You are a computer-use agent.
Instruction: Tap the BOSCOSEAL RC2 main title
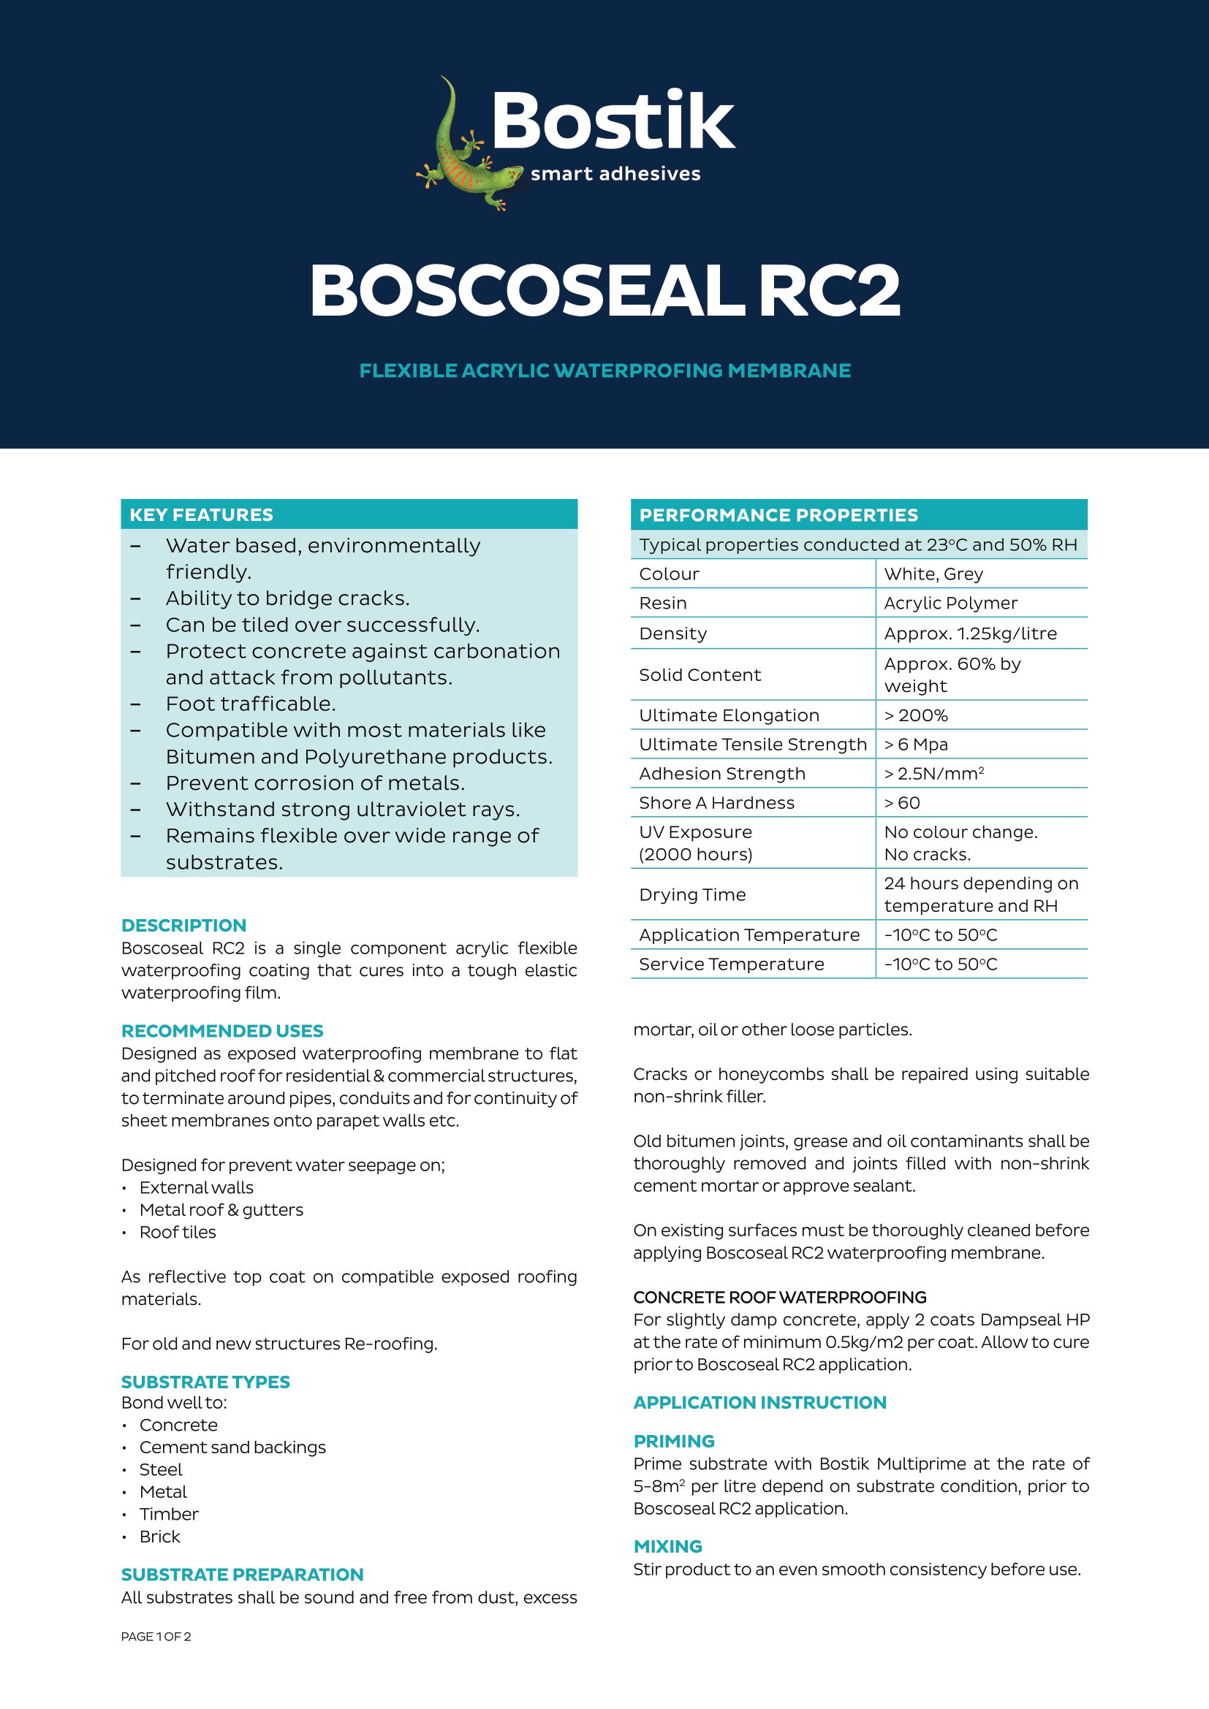point(604,290)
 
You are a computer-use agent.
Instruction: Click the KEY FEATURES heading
point(201,514)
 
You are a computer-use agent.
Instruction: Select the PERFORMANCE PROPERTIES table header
point(778,515)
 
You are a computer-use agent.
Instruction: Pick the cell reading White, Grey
point(933,574)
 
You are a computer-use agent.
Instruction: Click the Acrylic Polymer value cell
point(950,603)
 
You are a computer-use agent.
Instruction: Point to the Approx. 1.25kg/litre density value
point(970,633)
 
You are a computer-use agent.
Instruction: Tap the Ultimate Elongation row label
point(729,715)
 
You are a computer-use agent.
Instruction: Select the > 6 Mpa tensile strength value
point(916,745)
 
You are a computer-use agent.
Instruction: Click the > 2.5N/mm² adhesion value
point(933,773)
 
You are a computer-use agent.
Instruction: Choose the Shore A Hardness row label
point(716,802)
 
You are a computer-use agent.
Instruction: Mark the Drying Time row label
point(692,895)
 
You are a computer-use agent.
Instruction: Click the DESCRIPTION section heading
point(184,925)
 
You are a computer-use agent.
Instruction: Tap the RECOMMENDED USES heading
point(222,1031)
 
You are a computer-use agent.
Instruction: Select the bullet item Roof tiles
point(177,1232)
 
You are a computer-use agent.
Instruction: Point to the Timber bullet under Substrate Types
point(169,1514)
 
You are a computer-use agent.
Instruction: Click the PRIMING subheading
point(674,1441)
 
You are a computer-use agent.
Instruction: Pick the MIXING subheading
point(668,1546)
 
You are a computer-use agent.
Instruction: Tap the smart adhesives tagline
point(615,174)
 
